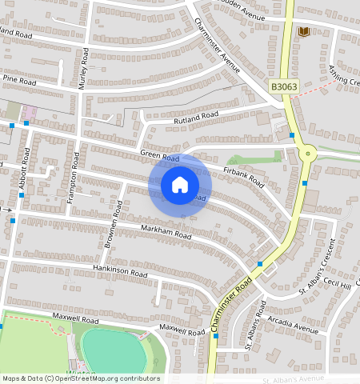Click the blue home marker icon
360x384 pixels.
pyautogui.click(x=180, y=185)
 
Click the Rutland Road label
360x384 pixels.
pyautogui.click(x=196, y=117)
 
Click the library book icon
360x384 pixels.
pyautogui.click(x=303, y=32)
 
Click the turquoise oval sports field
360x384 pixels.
pyautogui.click(x=114, y=351)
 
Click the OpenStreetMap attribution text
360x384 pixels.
pyautogui.click(x=80, y=378)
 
